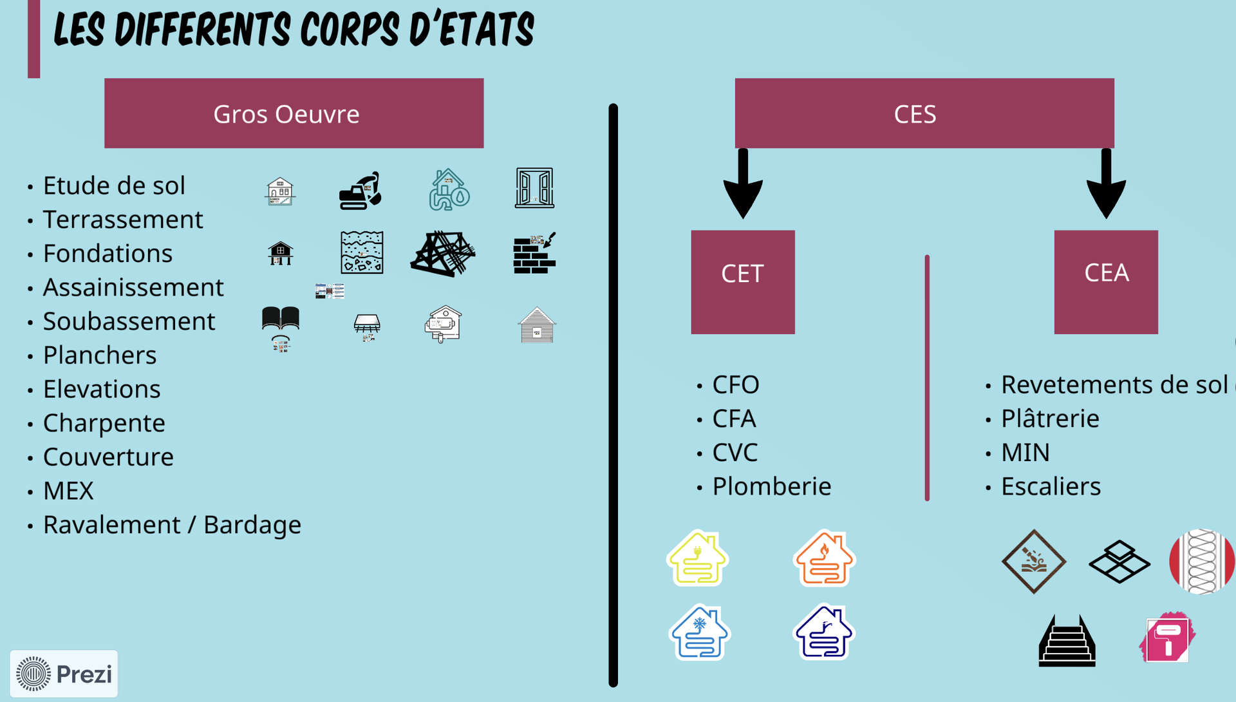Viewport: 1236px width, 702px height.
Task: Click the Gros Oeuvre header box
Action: [294, 113]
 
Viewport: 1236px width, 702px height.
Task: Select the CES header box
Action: [924, 113]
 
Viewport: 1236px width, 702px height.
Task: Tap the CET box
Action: [743, 281]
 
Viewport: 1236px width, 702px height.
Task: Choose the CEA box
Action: [1105, 281]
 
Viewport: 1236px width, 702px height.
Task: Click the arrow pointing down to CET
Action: [743, 187]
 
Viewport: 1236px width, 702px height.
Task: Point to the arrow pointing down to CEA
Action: [1106, 187]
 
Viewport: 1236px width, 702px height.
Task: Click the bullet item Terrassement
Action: [122, 220]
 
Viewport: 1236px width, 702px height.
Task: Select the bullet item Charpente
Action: [104, 423]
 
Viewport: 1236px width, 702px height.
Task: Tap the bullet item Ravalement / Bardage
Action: [171, 525]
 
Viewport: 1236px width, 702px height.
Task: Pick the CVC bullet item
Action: [735, 453]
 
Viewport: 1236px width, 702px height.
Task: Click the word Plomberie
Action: [771, 486]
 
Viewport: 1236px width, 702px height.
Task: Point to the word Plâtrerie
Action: [1050, 419]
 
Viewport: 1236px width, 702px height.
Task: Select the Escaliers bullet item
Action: [1051, 486]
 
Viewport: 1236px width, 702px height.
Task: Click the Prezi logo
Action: [64, 674]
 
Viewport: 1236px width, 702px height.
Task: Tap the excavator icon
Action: [360, 191]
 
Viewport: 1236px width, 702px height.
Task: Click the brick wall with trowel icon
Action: [534, 254]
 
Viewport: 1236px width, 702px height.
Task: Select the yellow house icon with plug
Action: [697, 558]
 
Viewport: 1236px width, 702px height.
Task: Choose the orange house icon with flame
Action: [824, 558]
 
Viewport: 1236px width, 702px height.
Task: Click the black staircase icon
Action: [1067, 641]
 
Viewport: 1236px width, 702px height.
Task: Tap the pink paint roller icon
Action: [1167, 638]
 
